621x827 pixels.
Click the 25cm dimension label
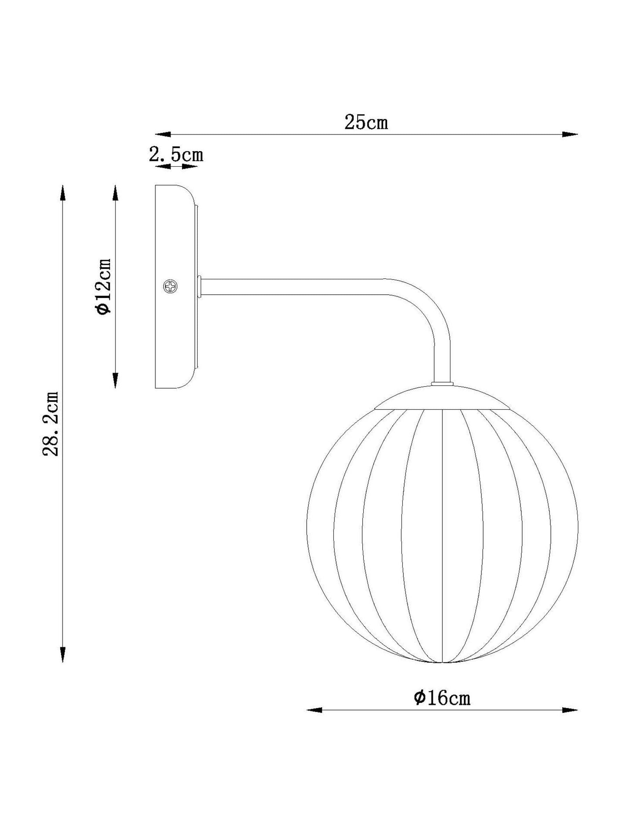pos(366,122)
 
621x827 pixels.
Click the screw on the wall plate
pos(170,287)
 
